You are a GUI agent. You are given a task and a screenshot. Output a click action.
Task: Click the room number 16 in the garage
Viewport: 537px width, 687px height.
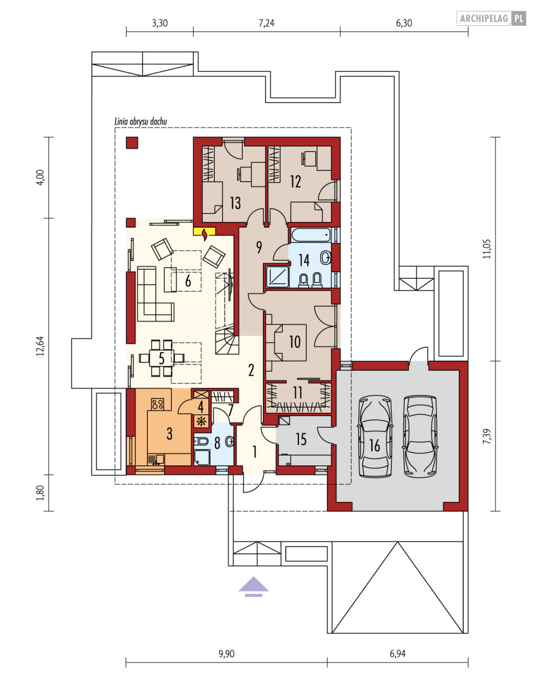coord(375,446)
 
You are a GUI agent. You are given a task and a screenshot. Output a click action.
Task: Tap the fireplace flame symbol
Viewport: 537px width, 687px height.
coord(205,235)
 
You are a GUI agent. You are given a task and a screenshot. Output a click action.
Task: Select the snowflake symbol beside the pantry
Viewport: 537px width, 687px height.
coord(201,421)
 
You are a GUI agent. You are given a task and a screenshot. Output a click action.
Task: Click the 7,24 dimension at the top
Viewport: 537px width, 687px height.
coord(267,23)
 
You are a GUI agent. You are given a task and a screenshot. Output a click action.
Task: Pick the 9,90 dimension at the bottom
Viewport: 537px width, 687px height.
coord(227,654)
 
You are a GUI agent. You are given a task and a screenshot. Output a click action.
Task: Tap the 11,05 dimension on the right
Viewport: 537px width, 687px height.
coord(488,249)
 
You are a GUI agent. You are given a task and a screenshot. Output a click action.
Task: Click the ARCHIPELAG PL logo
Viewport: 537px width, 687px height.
coord(491,18)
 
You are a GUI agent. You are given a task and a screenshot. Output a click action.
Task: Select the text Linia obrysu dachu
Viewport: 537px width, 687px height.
coord(140,121)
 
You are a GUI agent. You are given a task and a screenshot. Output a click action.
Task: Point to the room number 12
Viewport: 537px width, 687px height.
coord(296,182)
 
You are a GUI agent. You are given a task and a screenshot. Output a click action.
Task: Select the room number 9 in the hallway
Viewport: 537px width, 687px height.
coord(259,247)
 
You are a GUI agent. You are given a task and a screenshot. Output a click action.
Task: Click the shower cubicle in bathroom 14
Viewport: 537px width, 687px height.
coord(277,277)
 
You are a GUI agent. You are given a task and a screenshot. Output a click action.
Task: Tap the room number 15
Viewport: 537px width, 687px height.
coord(301,439)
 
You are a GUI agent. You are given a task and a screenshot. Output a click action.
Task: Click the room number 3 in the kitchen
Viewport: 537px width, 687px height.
coord(169,434)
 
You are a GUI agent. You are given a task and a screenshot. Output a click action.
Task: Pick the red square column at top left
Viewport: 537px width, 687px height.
coord(132,142)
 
